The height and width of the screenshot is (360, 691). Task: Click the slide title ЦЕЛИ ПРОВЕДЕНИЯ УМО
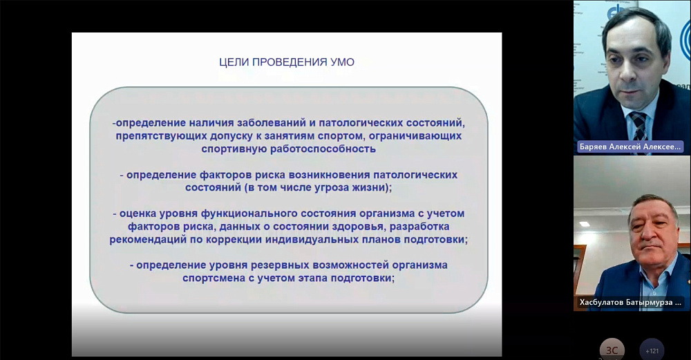click(287, 62)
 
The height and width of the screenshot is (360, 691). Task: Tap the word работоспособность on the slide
click(323, 149)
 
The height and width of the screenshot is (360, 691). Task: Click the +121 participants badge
click(652, 351)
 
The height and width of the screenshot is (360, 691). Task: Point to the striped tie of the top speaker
click(639, 126)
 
